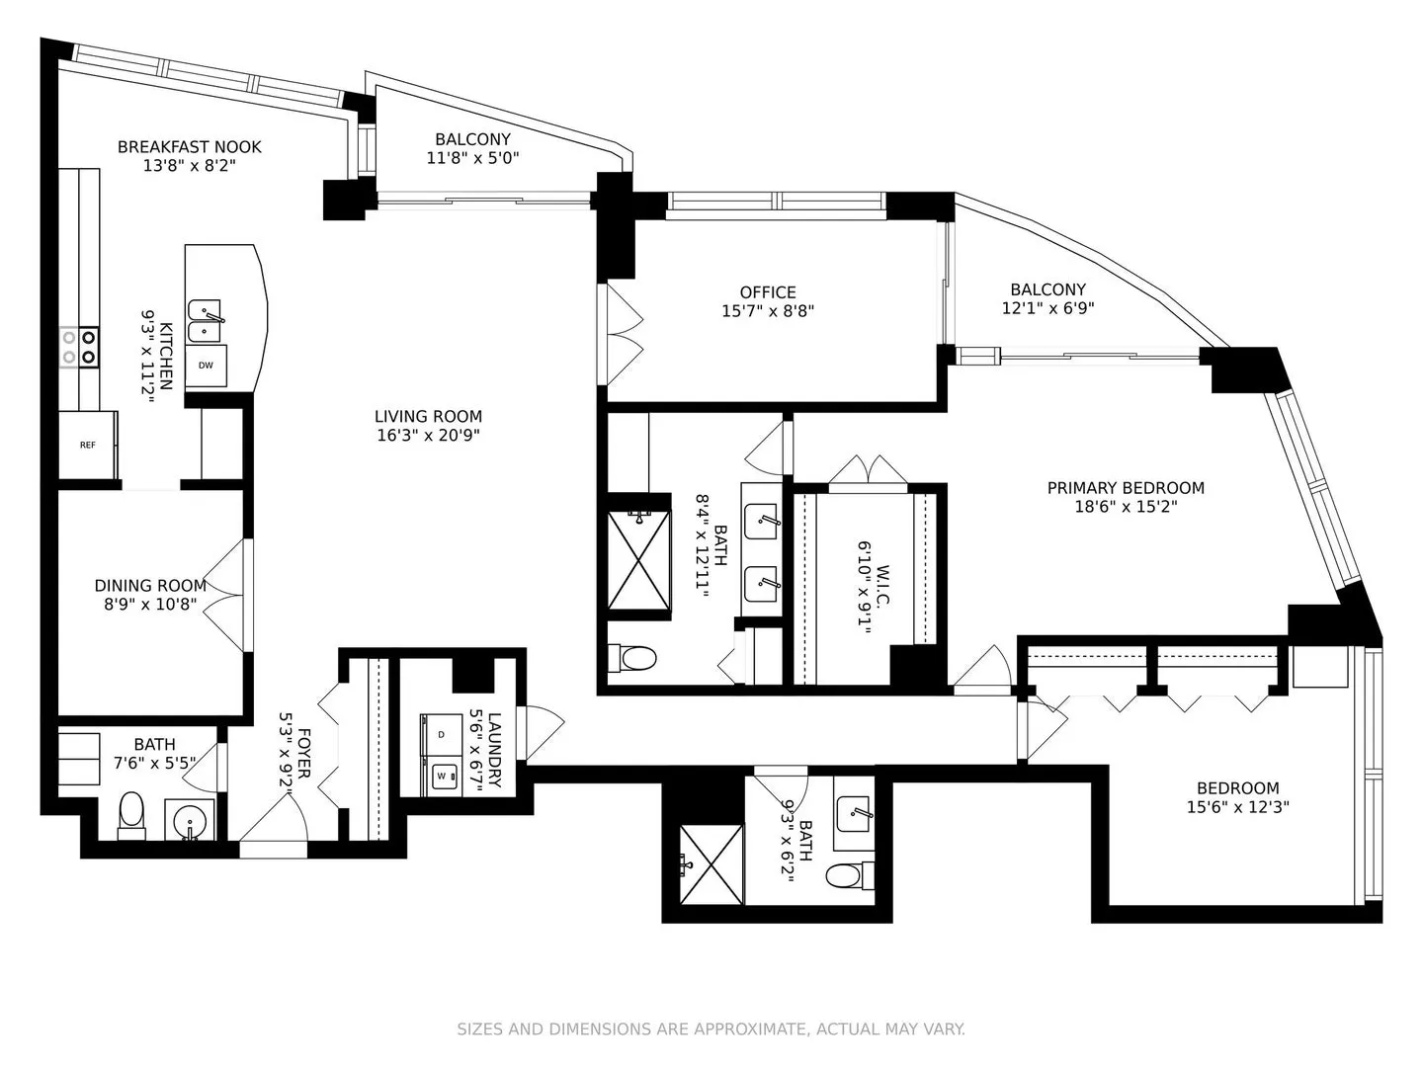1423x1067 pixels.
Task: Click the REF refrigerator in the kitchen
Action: tap(88, 445)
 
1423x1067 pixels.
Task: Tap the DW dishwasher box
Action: tap(206, 366)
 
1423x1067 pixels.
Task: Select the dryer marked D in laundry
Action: tap(442, 734)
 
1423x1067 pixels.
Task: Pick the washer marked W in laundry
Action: tap(442, 776)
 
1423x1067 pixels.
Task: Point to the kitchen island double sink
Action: tap(205, 321)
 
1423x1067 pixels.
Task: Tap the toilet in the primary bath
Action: tap(632, 659)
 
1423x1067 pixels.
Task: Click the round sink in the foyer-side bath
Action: tap(190, 819)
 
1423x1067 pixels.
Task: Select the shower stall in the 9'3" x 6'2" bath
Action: tap(711, 863)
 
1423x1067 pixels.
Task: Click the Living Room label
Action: tap(429, 416)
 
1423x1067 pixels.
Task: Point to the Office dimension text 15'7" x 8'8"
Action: tap(768, 311)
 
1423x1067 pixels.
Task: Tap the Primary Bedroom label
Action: tap(1127, 488)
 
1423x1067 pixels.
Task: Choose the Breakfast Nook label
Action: tap(190, 147)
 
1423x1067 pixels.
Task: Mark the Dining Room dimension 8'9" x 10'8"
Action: tap(150, 605)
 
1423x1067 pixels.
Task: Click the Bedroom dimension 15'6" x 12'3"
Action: tap(1237, 807)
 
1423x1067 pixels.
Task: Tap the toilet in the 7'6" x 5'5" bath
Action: tap(131, 815)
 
